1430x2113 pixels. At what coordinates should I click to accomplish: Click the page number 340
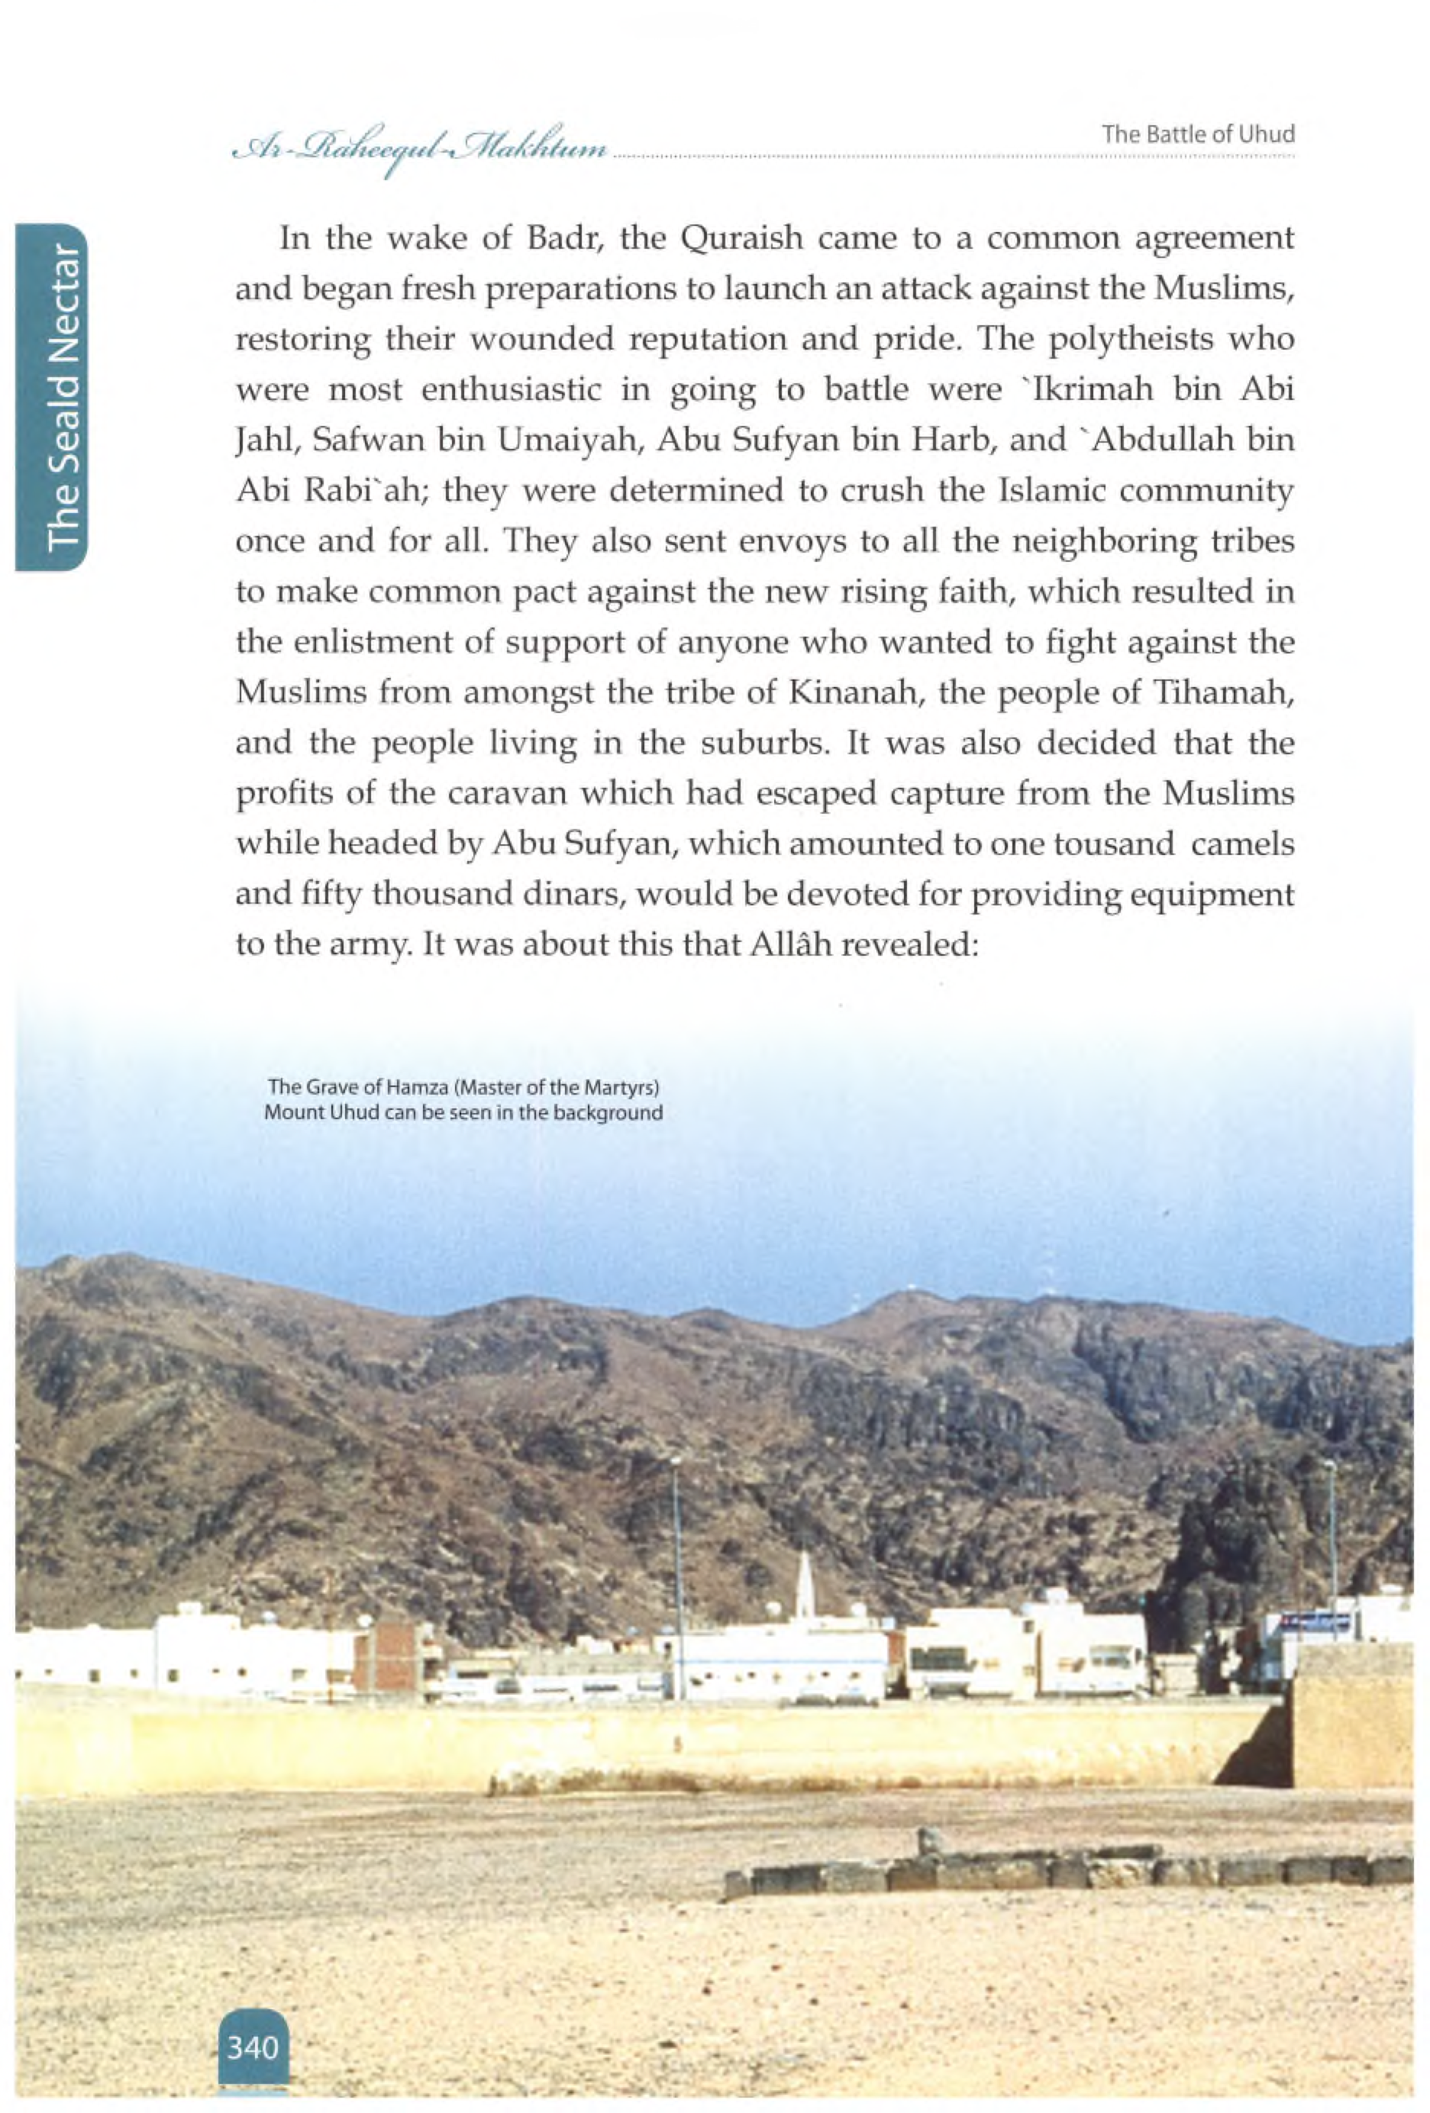click(253, 2047)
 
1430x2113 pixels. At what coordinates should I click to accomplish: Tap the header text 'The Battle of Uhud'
click(1197, 134)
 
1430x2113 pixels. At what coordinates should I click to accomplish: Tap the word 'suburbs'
click(764, 744)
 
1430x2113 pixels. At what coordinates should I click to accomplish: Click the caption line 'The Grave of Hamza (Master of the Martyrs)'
click(463, 1086)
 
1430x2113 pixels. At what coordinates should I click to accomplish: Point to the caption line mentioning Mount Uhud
click(463, 1112)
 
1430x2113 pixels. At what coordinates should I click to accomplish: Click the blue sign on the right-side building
click(1314, 1622)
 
